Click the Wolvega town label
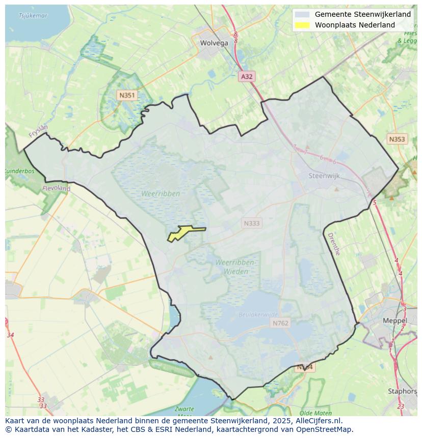pos(214,43)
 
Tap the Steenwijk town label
pos(324,176)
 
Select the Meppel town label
pos(395,321)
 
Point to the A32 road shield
pos(247,76)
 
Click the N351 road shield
pos(126,95)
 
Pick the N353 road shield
pos(397,139)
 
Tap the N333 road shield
pos(251,223)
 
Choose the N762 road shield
pos(280,323)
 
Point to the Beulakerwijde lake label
pos(258,315)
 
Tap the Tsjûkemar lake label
pos(33,16)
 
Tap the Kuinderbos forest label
pos(19,171)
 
